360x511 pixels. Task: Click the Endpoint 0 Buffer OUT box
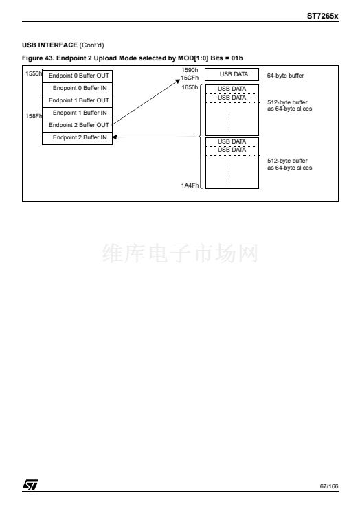77,76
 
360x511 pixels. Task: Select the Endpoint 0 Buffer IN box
77,89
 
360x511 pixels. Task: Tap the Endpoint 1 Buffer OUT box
77,101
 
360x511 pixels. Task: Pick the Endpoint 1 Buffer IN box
77,113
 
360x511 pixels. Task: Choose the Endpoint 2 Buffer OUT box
77,126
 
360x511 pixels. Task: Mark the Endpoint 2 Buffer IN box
77,138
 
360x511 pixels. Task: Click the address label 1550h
34,73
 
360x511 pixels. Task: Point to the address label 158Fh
34,116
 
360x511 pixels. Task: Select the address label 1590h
190,70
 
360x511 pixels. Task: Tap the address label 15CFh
190,78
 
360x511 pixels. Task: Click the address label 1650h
190,87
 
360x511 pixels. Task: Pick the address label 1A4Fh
190,185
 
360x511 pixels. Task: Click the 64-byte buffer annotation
285,76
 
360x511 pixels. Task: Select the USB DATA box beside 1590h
232,74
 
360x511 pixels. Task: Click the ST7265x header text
322,16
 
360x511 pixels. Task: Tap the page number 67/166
329,486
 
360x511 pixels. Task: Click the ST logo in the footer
30,485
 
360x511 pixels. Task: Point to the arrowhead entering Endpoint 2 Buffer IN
115,137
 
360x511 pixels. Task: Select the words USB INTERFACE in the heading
49,45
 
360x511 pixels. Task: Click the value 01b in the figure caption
237,58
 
